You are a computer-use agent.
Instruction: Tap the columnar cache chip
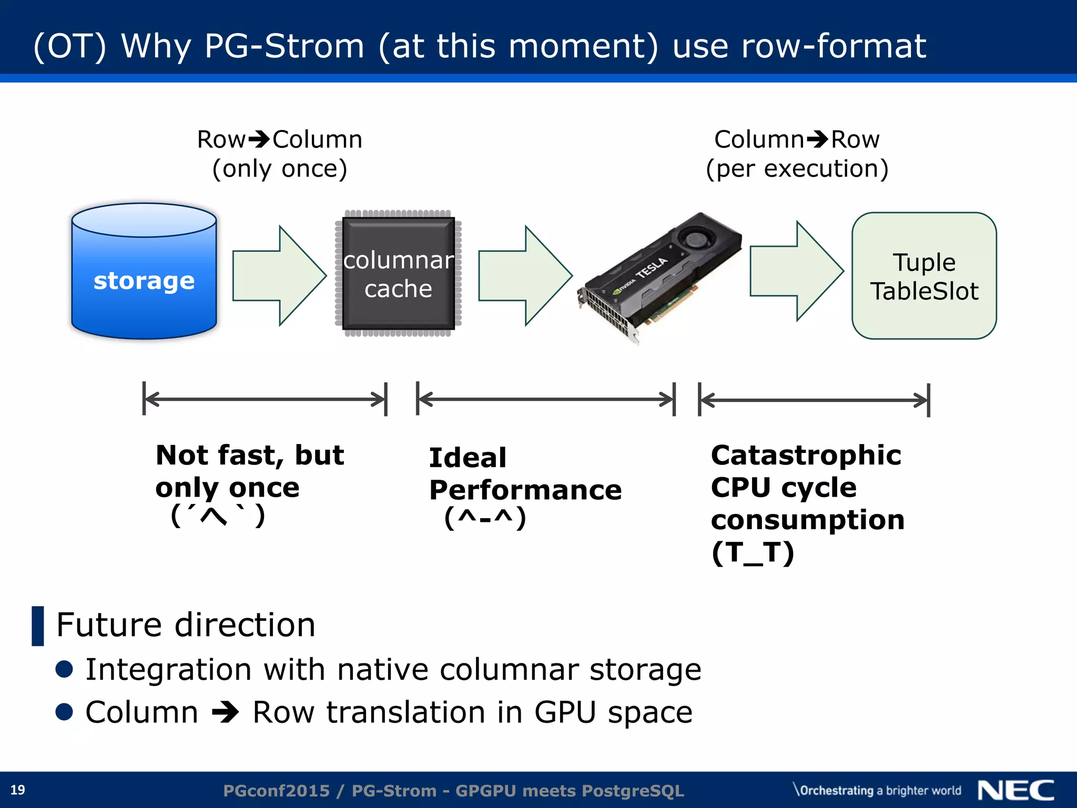tap(398, 274)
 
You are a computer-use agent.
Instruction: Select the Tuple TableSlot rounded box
tap(924, 276)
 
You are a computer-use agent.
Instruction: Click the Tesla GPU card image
tap(660, 279)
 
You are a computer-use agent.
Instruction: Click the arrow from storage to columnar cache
tap(279, 276)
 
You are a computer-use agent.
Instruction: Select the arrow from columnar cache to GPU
tap(525, 276)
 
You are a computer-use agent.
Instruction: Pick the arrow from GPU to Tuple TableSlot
tap(796, 271)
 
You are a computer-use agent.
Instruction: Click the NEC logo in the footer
tap(1016, 790)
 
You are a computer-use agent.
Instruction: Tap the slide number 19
tap(18, 790)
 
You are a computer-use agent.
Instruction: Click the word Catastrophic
tap(806, 455)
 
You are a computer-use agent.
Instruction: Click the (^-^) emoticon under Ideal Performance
tap(485, 518)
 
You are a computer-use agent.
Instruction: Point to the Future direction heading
tap(186, 625)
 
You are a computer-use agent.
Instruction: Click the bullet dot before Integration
tap(64, 669)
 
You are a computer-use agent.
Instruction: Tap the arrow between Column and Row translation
tap(226, 713)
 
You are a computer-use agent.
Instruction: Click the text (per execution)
tap(797, 169)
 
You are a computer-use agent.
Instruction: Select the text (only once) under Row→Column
tap(280, 169)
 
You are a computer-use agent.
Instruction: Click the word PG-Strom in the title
tap(284, 46)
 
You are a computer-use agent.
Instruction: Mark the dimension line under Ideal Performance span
tap(545, 399)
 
